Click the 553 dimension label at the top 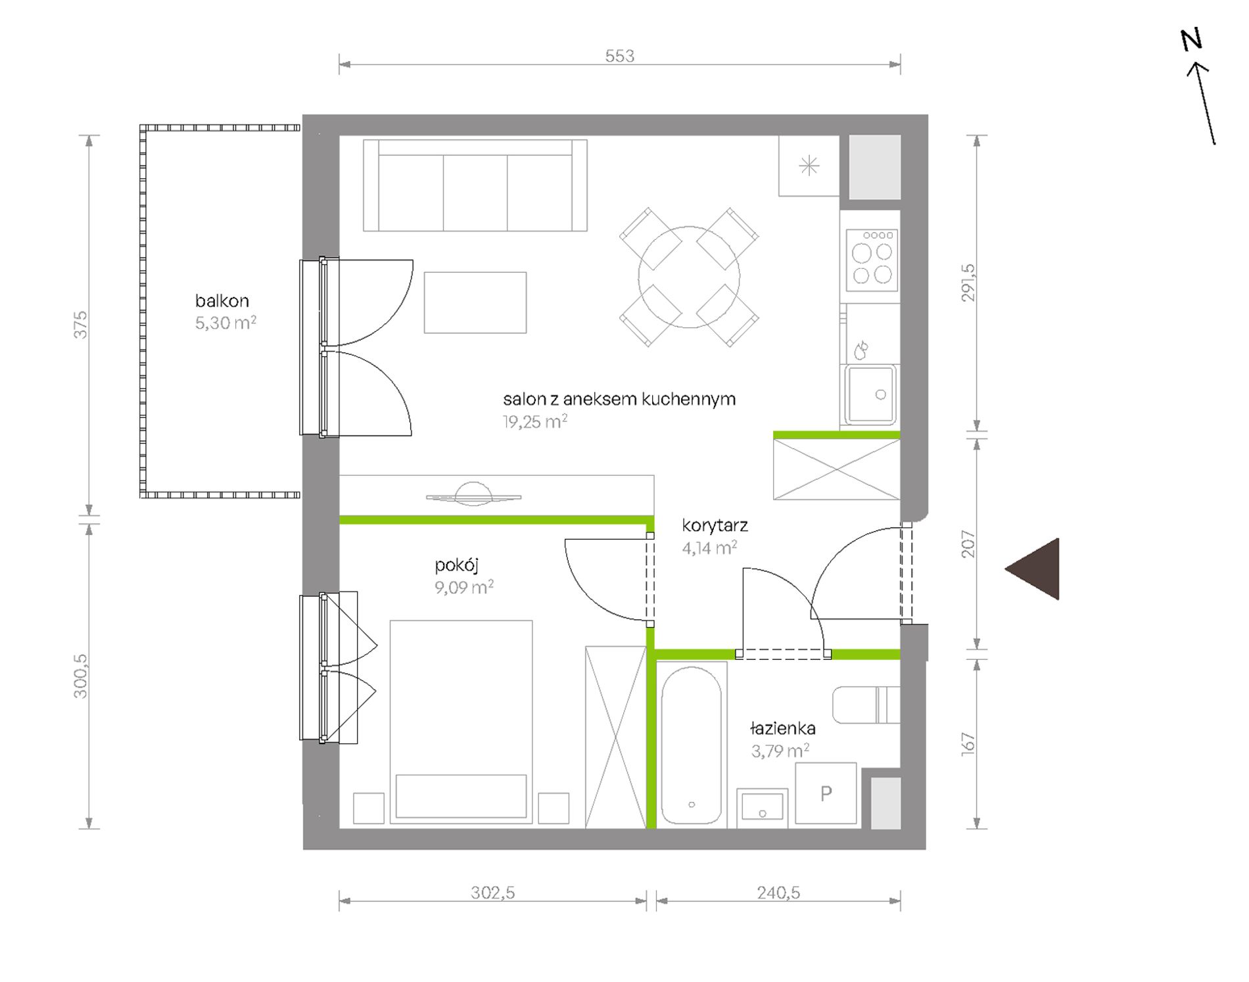click(x=619, y=56)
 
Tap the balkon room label click(x=222, y=301)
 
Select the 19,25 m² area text click(x=535, y=421)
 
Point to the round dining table click(x=689, y=277)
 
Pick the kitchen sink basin click(x=870, y=394)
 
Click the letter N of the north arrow click(x=1191, y=40)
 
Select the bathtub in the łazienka click(x=691, y=744)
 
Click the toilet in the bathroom click(x=865, y=705)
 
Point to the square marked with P click(x=826, y=793)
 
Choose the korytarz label click(x=715, y=525)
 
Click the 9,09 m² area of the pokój click(x=464, y=587)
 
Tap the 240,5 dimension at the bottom click(x=778, y=893)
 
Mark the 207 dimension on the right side click(x=968, y=544)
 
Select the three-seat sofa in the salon click(x=475, y=185)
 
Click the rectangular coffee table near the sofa click(x=475, y=302)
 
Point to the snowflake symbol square click(x=809, y=166)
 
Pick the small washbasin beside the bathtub click(x=763, y=807)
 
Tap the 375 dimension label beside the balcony click(x=80, y=325)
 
